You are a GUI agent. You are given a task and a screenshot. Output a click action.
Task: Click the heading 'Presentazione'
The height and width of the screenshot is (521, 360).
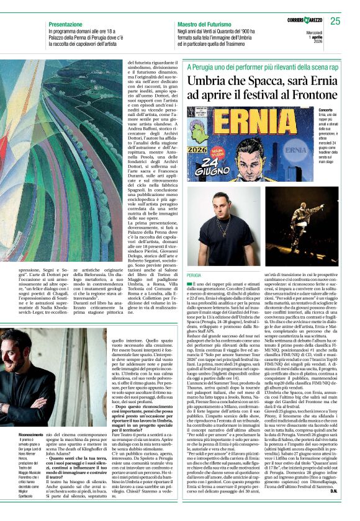point(68,24)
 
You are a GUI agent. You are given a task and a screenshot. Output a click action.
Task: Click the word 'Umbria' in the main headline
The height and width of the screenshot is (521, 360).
point(212,81)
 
